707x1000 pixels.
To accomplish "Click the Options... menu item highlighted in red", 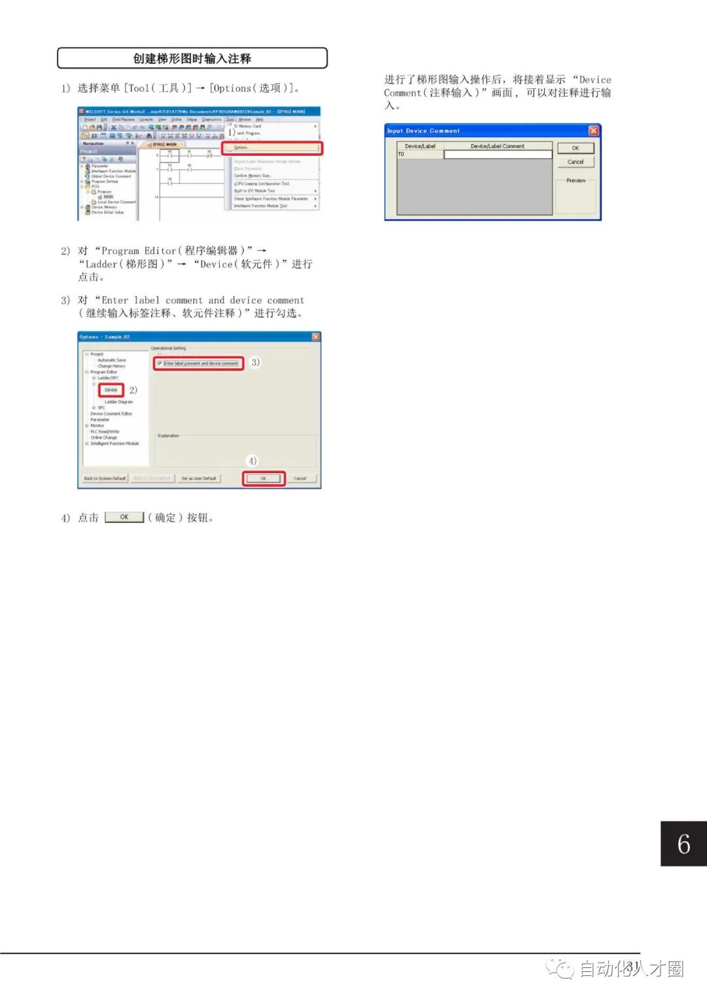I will click(271, 148).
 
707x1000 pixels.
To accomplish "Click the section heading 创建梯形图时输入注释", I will click(192, 58).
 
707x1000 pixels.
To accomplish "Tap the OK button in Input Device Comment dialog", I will click(575, 149).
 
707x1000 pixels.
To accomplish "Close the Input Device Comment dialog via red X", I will click(593, 131).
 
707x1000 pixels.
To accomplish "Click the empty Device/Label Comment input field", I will click(498, 154).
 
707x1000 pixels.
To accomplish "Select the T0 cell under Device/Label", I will click(420, 154).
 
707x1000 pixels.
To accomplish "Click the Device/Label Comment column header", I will click(498, 146).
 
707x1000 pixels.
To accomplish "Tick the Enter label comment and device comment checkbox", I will click(160, 363).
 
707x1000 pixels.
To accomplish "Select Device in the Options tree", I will click(111, 390).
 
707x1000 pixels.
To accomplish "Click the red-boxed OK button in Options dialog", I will click(263, 478).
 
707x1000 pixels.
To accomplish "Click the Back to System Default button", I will click(105, 478).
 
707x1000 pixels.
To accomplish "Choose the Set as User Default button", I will click(198, 478).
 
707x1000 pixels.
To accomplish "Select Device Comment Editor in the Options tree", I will click(111, 414).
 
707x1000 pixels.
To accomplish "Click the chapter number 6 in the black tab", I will click(683, 844).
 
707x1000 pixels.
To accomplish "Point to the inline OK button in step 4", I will click(124, 517).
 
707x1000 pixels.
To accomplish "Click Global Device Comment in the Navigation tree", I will click(111, 176).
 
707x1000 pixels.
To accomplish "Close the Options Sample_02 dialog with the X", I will click(316, 337).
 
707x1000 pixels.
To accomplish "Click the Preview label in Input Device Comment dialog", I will click(575, 181).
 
